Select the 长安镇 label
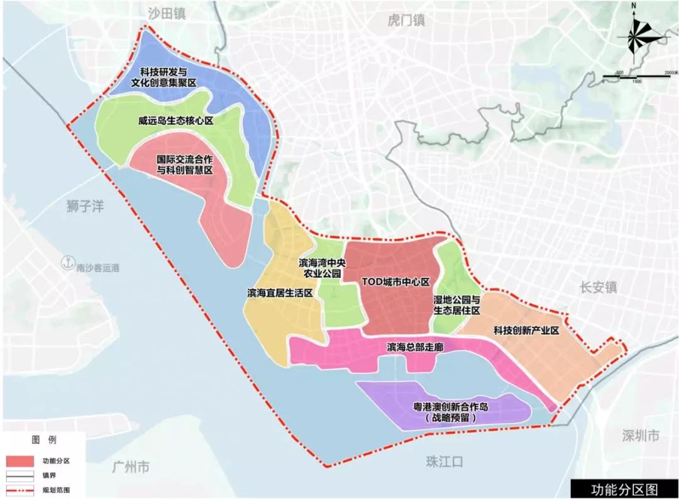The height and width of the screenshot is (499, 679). [x=599, y=287]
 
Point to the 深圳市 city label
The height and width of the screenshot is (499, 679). [x=640, y=436]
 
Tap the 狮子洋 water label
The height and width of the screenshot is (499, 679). [x=85, y=206]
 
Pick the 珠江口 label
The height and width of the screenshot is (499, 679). [x=444, y=463]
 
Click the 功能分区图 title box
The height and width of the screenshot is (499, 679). [x=623, y=488]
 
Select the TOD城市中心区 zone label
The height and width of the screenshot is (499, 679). [x=395, y=282]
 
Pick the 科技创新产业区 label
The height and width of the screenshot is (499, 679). [x=526, y=330]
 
